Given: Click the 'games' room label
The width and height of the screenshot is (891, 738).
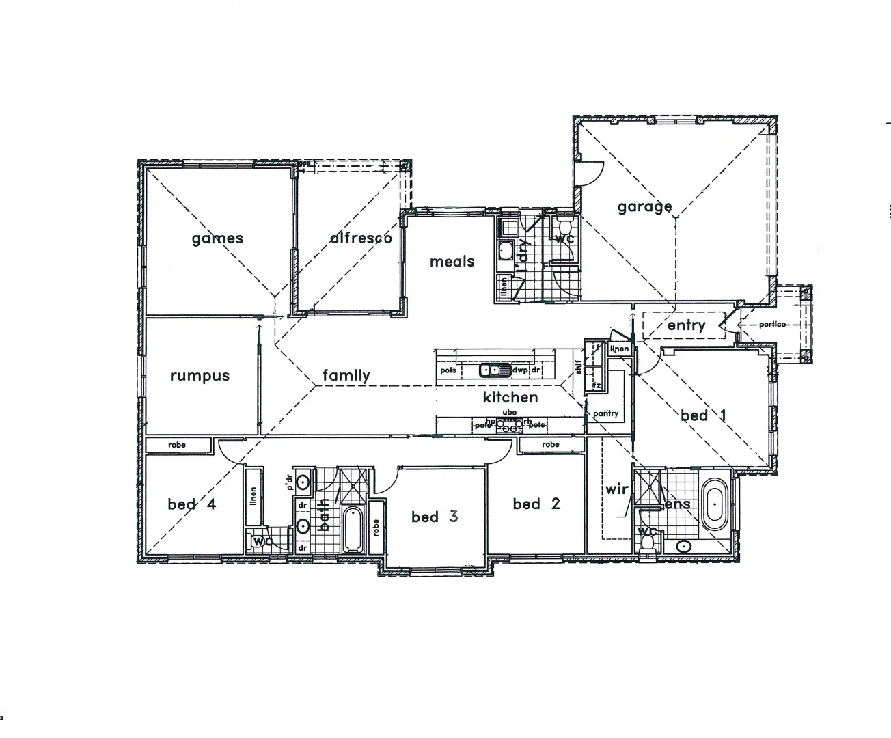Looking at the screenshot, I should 217,238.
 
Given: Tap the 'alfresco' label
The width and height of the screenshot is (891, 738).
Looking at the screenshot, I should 361,238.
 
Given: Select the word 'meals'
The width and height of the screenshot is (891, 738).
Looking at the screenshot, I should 452,261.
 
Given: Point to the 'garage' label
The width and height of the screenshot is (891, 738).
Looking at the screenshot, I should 644,206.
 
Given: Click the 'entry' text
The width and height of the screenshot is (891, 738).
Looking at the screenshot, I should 686,325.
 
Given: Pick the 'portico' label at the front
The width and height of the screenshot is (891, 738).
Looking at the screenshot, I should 773,324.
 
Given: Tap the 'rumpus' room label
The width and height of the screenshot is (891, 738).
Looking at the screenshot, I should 200,376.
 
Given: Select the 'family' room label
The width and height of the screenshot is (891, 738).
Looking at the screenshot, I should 346,375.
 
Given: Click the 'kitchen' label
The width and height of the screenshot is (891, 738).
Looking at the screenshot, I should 510,397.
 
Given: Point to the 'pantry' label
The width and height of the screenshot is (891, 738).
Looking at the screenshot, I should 606,413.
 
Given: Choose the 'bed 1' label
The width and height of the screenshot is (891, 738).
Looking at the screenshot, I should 703,415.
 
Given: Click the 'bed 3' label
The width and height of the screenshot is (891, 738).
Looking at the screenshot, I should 435,517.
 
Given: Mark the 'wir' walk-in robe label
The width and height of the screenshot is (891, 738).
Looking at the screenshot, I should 616,490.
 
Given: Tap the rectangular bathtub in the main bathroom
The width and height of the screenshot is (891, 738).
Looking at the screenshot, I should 353,529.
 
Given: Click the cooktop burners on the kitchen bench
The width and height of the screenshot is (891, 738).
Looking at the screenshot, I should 509,424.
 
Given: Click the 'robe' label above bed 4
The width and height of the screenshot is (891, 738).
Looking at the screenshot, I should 177,445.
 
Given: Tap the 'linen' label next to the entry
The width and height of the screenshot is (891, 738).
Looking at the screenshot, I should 620,349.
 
